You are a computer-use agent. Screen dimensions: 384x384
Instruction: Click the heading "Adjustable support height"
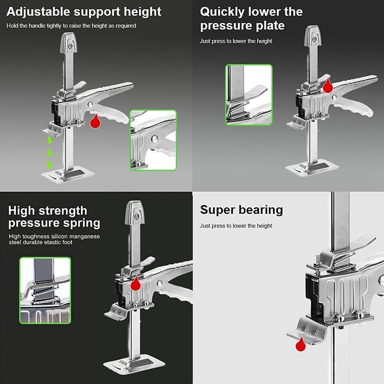pos(84,11)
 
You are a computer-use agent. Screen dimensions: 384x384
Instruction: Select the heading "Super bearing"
pos(241,210)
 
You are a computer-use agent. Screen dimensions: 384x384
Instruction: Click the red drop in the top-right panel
pos(328,86)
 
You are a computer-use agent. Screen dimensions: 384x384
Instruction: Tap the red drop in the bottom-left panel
pos(136,284)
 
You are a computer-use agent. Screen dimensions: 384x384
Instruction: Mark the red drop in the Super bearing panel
pos(301,344)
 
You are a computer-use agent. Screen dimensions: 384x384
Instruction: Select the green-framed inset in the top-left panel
pos(153,140)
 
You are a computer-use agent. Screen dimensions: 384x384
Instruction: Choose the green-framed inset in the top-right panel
pos(249,95)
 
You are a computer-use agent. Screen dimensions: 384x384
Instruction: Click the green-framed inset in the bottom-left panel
pos(45,290)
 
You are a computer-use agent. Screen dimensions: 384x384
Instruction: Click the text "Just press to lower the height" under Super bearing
pos(236,226)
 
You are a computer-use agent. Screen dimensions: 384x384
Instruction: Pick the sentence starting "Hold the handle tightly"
pos(72,25)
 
